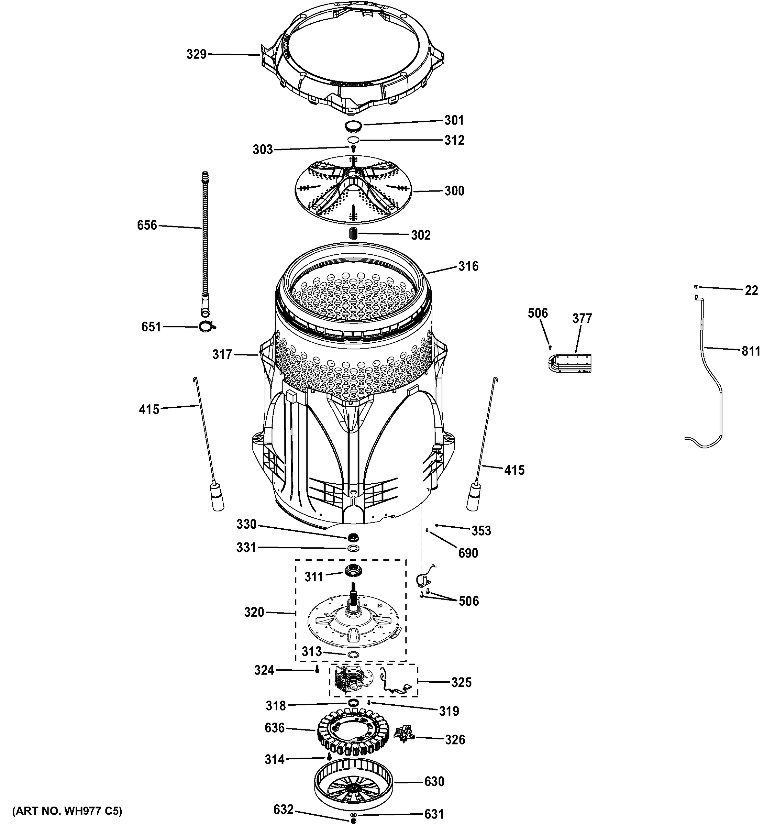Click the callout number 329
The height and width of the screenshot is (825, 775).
click(x=196, y=54)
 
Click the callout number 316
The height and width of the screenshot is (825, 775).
click(x=468, y=266)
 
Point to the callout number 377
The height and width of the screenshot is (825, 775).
click(x=582, y=318)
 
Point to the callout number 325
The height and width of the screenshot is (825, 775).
click(x=461, y=682)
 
